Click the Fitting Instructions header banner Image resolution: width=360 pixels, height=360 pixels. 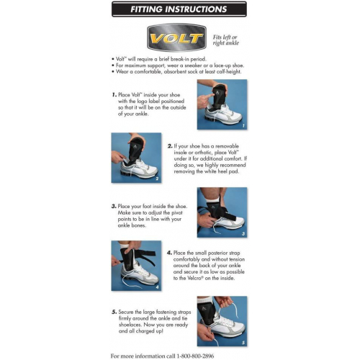pyautogui.click(x=179, y=10)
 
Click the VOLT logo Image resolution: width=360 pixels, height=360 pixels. pyautogui.click(x=176, y=37)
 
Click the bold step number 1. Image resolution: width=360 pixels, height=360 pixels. pyautogui.click(x=114, y=94)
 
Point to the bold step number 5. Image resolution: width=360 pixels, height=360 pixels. pyautogui.click(x=114, y=311)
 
